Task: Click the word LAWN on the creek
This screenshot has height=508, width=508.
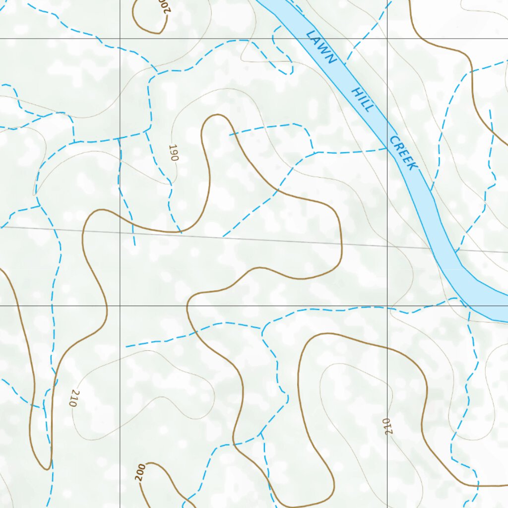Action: (x=321, y=47)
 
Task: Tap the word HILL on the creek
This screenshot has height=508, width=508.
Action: (x=361, y=99)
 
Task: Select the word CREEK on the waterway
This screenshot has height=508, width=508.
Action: (x=402, y=153)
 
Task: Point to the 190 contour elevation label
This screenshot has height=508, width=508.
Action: (x=173, y=152)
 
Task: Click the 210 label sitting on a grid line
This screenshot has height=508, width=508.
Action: (x=387, y=427)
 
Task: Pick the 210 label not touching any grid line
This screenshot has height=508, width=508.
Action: (x=74, y=398)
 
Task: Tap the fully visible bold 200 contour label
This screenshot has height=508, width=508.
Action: (x=140, y=473)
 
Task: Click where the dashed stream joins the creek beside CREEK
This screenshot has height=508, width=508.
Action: (x=387, y=148)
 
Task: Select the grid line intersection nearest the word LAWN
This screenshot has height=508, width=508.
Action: (x=387, y=38)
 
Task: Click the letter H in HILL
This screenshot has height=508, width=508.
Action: (x=355, y=92)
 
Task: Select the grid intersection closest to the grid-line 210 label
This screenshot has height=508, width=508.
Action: (x=387, y=306)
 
